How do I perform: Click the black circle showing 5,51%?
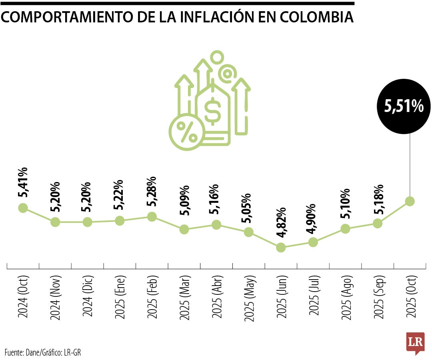tap(404, 106)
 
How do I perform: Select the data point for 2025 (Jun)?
tap(281, 248)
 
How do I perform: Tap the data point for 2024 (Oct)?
tap(23, 208)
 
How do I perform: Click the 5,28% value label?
tap(152, 191)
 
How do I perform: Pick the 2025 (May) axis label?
tap(248, 297)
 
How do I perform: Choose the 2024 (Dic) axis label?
tap(87, 296)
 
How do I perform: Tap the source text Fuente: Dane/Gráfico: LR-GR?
tap(45, 352)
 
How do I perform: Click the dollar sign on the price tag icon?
tap(212, 112)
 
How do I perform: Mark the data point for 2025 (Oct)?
tap(410, 201)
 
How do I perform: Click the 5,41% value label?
tap(23, 182)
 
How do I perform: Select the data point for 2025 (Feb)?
tap(152, 216)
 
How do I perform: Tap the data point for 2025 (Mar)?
tap(184, 229)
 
